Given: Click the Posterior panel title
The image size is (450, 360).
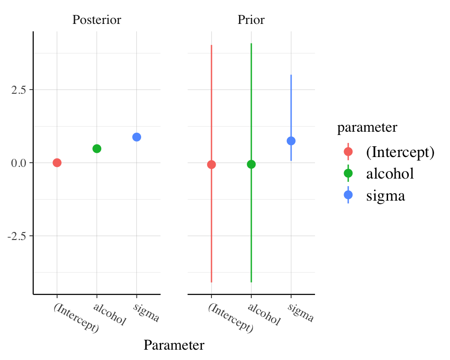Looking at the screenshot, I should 97,20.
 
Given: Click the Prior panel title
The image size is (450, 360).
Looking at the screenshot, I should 251,20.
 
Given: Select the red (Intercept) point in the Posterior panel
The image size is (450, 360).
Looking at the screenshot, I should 57,163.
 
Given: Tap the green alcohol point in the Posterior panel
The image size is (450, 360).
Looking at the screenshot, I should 97,149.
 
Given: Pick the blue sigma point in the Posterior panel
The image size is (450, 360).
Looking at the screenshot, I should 136,137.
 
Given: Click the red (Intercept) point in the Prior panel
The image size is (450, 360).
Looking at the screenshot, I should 211,165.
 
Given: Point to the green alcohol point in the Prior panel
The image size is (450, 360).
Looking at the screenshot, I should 251,164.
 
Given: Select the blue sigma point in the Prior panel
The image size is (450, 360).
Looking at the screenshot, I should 291,141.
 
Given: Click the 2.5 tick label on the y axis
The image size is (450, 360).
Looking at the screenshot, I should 19,90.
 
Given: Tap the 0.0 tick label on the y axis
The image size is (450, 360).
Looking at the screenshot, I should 19,163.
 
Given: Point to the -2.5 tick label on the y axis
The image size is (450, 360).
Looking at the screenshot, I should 17,236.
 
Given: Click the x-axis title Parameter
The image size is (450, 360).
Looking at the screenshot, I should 174,345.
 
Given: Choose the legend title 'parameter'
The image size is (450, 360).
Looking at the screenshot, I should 367,127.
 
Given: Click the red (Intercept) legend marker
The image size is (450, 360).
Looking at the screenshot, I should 348,151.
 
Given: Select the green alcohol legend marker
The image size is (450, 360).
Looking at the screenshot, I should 348,173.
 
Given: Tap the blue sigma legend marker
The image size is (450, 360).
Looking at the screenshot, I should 348,195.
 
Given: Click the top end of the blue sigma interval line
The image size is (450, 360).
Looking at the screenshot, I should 291,75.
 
